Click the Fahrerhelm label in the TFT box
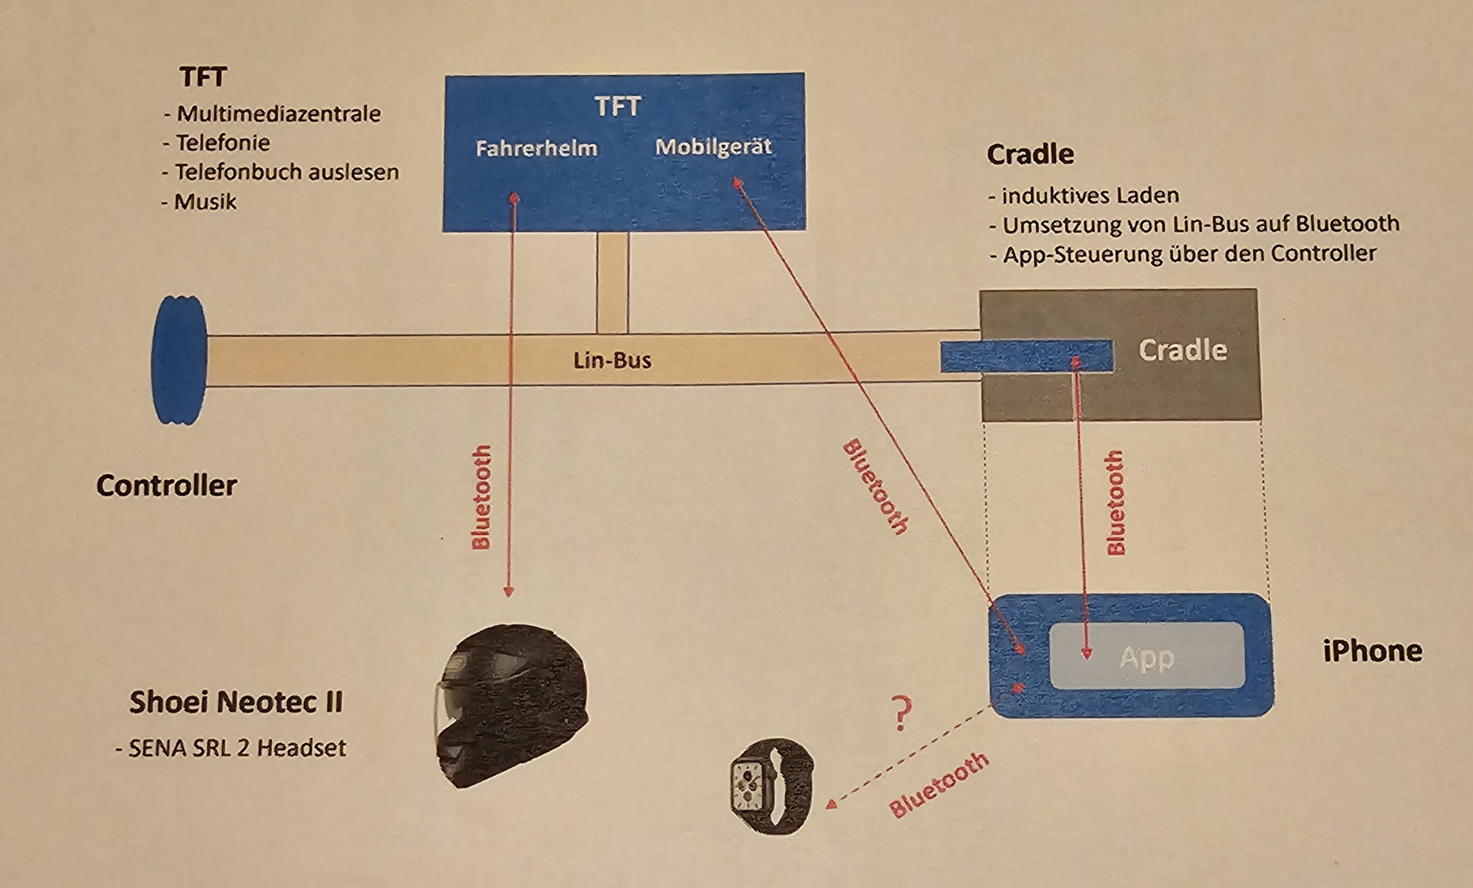(x=536, y=148)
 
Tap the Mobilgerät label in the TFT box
(x=713, y=147)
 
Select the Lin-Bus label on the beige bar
(x=612, y=360)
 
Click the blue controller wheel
(x=179, y=360)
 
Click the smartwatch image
(x=771, y=785)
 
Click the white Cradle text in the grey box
(x=1182, y=350)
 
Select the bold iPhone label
(x=1373, y=651)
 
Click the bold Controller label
(x=166, y=485)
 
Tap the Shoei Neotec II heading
(x=236, y=701)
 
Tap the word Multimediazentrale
(x=278, y=114)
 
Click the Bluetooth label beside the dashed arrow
(x=939, y=784)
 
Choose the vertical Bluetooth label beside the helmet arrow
(x=481, y=497)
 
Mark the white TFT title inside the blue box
(x=617, y=107)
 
